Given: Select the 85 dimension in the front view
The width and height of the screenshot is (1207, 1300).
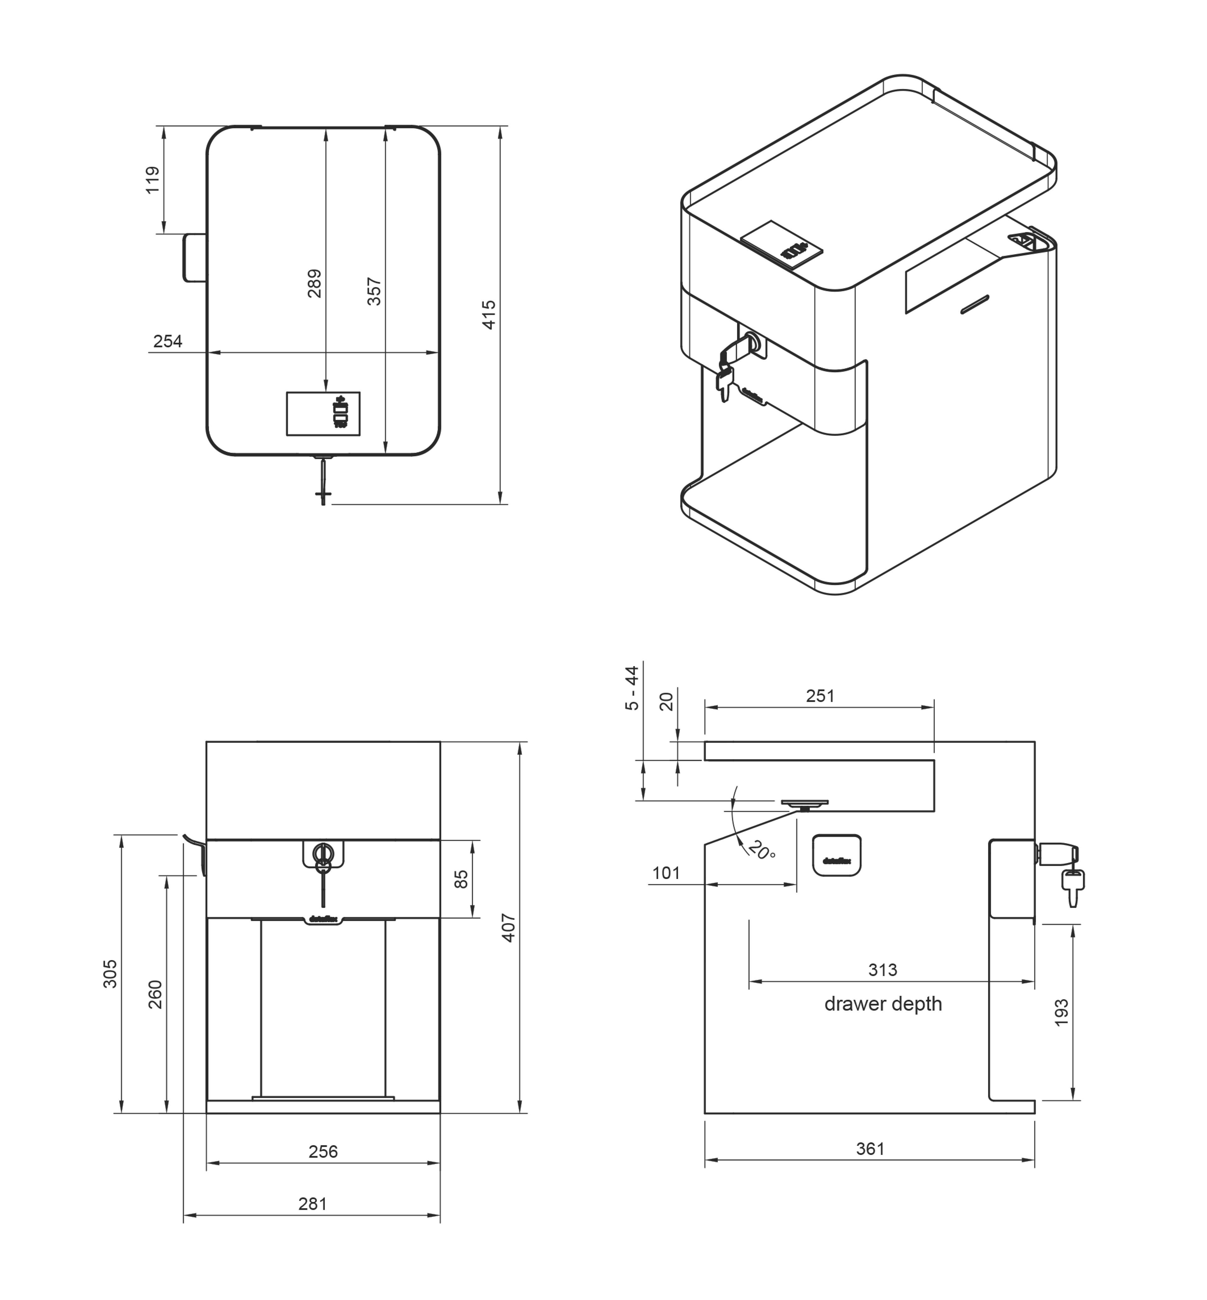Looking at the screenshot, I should (461, 879).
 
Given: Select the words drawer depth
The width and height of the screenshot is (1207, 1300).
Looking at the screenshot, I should (883, 1003).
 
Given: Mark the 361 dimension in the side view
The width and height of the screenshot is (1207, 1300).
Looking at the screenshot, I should (870, 1149).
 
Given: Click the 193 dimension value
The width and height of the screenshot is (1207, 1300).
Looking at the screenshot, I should (1061, 1012).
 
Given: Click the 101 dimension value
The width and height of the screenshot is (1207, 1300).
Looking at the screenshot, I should (666, 873).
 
